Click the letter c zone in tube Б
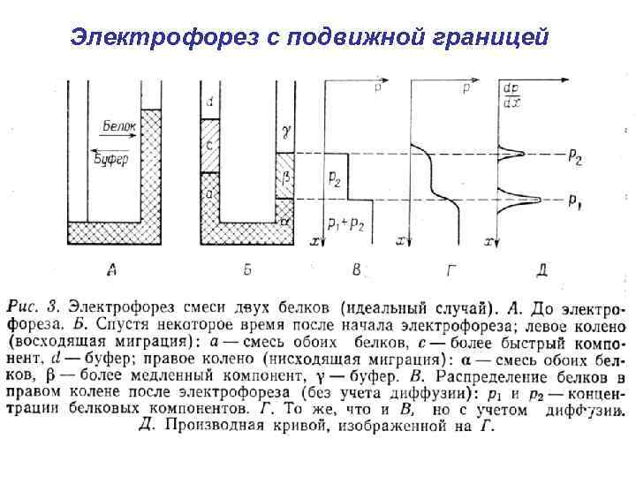(x=209, y=144)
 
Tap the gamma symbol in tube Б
(x=285, y=130)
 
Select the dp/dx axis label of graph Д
(x=511, y=94)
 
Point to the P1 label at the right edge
(x=575, y=201)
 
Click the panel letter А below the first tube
(x=112, y=268)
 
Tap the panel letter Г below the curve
(x=442, y=268)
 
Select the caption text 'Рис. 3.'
(x=33, y=308)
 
